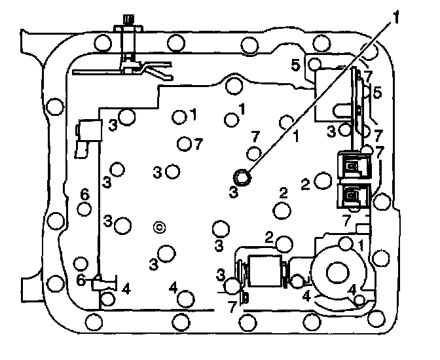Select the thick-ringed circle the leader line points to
(x=242, y=176)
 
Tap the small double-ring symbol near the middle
(x=158, y=227)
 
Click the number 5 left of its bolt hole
(x=296, y=65)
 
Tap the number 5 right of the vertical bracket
(x=377, y=93)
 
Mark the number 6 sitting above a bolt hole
(x=84, y=194)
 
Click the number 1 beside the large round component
(x=361, y=244)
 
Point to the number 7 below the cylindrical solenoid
(x=231, y=305)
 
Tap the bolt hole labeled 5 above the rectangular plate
(x=314, y=63)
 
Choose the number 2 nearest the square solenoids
(x=305, y=184)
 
